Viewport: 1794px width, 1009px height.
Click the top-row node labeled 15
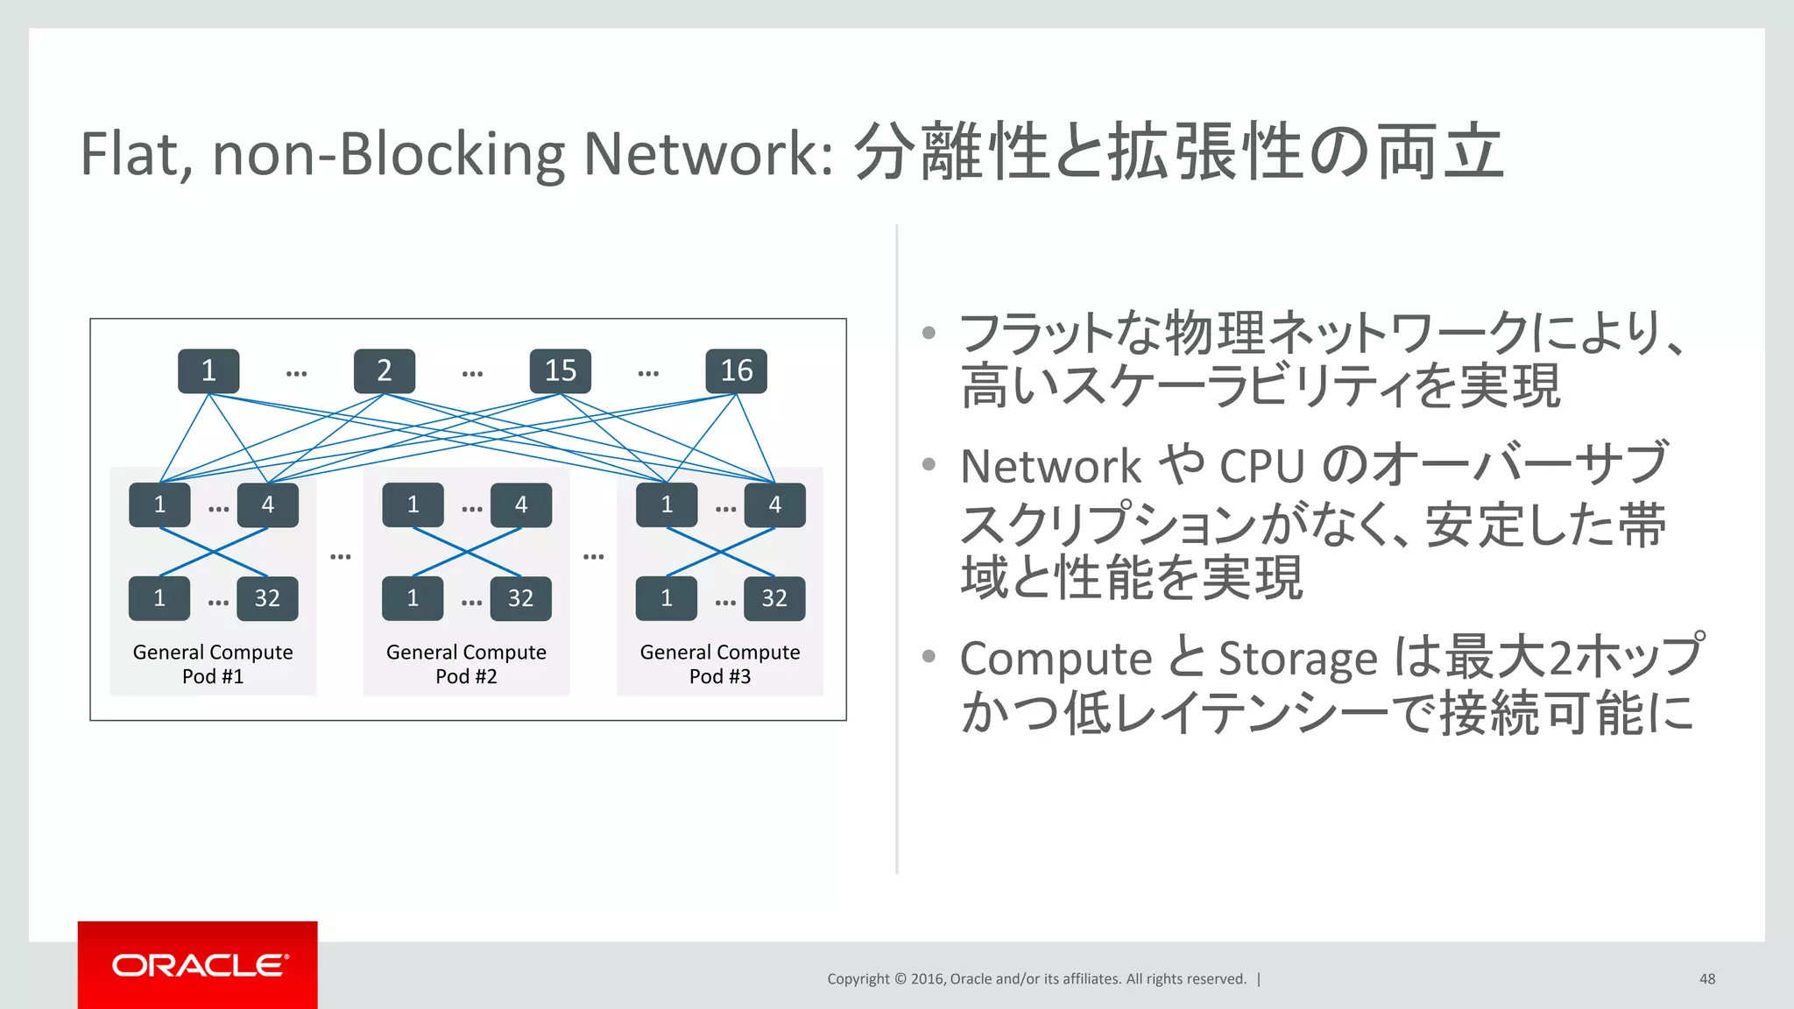(x=560, y=370)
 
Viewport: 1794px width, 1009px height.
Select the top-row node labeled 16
(x=736, y=370)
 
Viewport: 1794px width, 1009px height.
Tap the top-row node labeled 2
(x=384, y=370)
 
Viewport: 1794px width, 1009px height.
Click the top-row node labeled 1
(x=208, y=370)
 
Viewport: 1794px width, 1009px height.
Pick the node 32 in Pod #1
(x=267, y=598)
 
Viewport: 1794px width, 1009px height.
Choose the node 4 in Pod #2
(x=521, y=504)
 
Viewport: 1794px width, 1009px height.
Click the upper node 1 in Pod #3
(x=667, y=504)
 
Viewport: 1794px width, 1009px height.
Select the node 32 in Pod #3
(x=774, y=598)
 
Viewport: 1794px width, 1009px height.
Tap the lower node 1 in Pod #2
(x=413, y=598)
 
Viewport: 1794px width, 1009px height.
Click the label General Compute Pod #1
(x=213, y=664)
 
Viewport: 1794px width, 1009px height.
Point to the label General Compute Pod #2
(x=466, y=664)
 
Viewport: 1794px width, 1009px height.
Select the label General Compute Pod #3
(x=720, y=664)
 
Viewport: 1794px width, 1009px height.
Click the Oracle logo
(x=198, y=965)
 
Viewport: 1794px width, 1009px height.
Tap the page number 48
(x=1707, y=978)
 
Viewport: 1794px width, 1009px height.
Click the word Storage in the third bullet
(x=1298, y=659)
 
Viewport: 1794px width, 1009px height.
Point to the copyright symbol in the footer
(x=900, y=979)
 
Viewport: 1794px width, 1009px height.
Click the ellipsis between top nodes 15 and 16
(x=648, y=374)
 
